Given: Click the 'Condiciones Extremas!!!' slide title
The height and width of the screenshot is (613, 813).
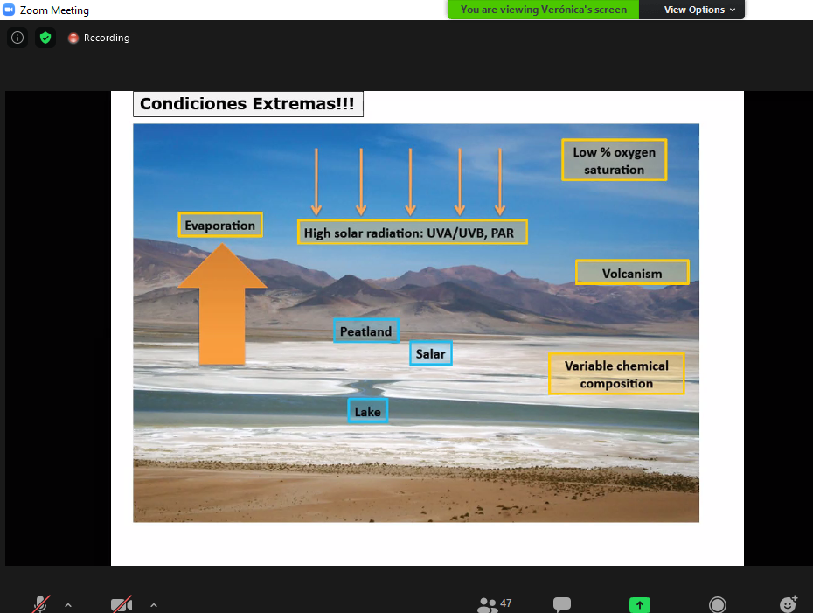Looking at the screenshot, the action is point(248,104).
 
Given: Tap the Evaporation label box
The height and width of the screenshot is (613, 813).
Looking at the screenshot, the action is point(220,225).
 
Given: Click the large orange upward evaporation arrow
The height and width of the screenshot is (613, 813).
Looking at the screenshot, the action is point(222,304).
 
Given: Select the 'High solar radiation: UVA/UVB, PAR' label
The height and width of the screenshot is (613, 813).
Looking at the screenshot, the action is point(413,233).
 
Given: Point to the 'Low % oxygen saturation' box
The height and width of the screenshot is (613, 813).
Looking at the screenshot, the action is point(614,160).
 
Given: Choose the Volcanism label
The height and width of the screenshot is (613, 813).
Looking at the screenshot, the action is point(632,273).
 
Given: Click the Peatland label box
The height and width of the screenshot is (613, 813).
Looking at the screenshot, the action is point(366,331).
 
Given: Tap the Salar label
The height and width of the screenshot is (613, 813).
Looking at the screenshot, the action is point(431,353).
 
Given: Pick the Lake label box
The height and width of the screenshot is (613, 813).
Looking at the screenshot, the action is point(368,411).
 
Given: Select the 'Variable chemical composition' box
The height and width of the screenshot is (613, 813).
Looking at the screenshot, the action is point(616,374).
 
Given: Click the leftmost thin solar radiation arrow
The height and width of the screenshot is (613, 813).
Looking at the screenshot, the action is point(316,182).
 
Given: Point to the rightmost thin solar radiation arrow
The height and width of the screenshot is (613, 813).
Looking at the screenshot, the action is point(500,182).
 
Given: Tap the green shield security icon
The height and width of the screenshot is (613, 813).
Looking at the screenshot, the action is point(45,38).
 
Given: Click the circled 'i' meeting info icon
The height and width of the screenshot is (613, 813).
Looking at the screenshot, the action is point(17,38).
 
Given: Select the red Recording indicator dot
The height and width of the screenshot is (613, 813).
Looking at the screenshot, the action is point(73,38).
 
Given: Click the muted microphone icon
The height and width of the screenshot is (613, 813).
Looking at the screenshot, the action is point(40,604).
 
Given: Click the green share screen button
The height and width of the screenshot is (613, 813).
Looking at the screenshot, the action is point(640,605).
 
